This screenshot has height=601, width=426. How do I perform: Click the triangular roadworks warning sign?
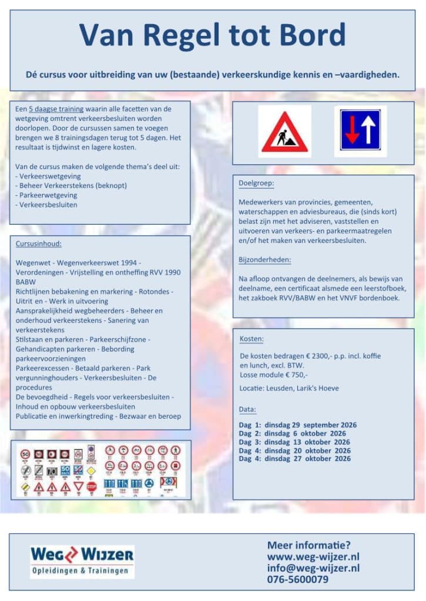click(x=284, y=133)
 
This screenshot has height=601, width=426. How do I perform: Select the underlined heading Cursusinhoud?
click(x=39, y=244)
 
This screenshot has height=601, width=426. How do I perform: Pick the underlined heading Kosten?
click(x=251, y=339)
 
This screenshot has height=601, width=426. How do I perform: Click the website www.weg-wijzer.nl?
click(x=313, y=556)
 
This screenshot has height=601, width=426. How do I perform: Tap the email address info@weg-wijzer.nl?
click(x=313, y=568)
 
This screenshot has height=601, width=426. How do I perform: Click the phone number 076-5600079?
click(x=297, y=580)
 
